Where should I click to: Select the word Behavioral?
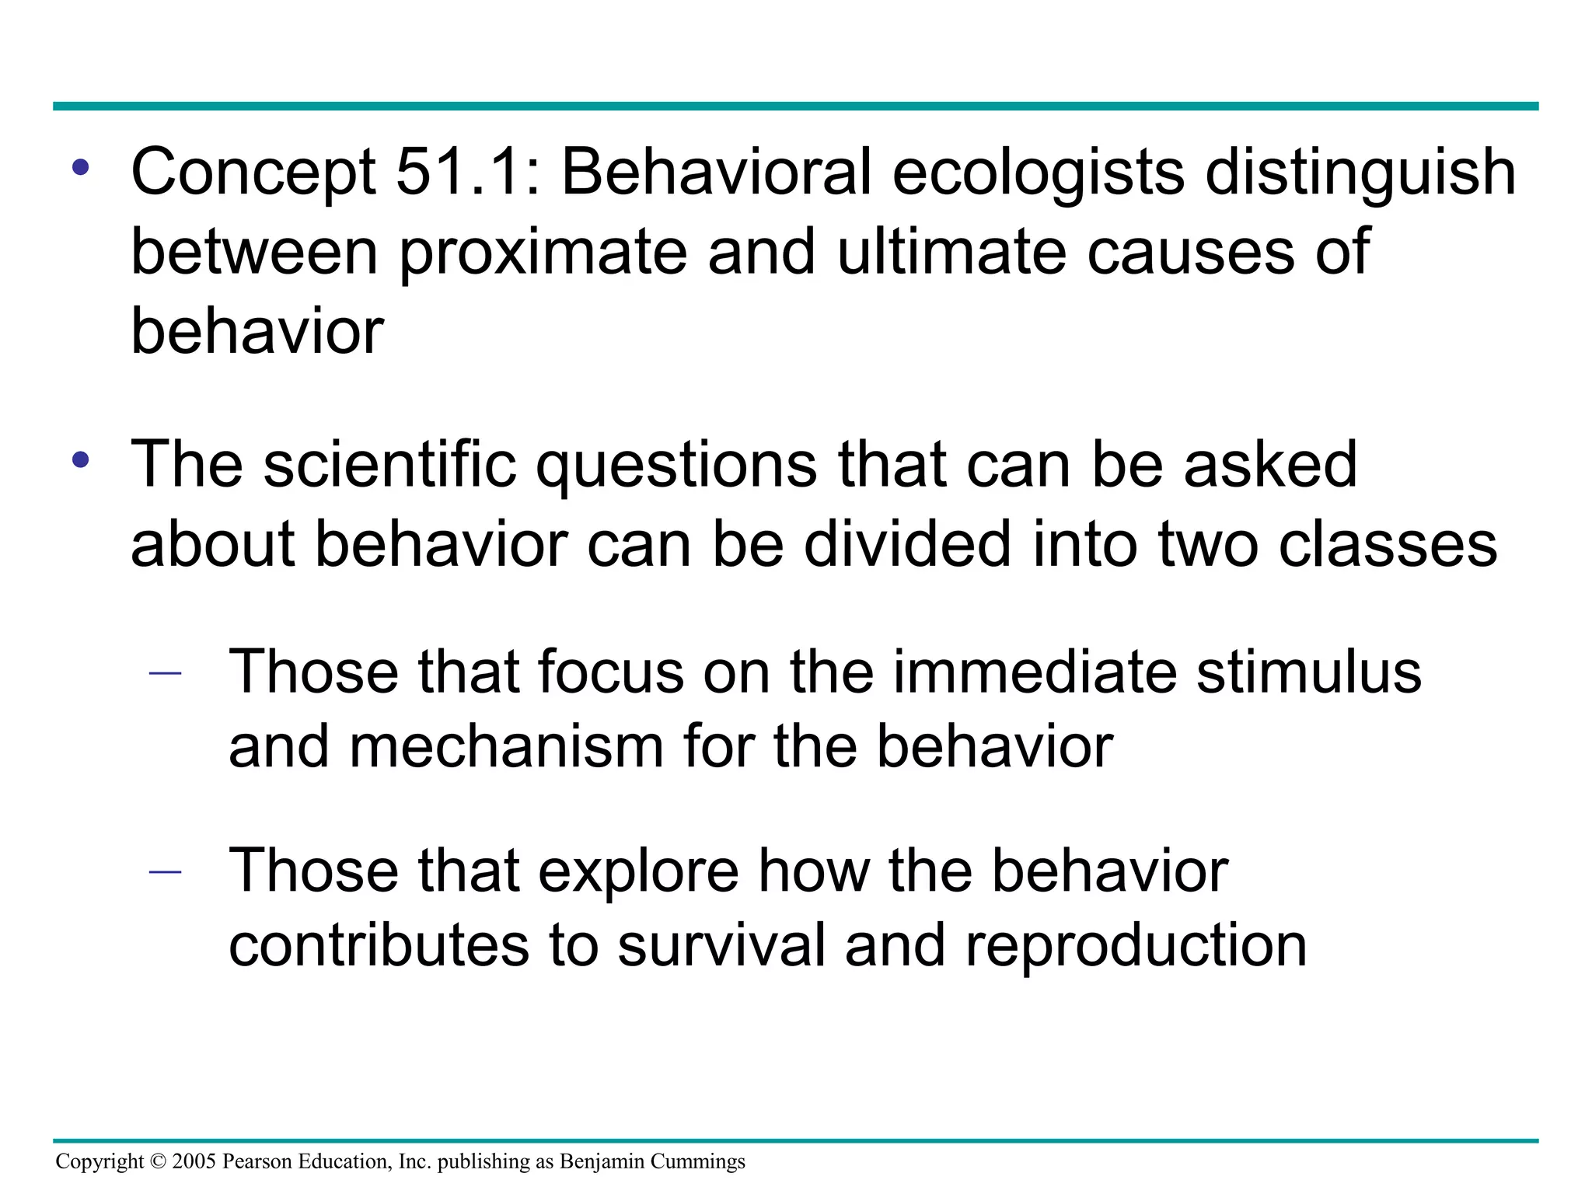[x=715, y=172]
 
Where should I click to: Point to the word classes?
[x=1388, y=543]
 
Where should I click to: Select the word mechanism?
[x=505, y=746]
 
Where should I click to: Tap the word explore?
[x=638, y=871]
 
